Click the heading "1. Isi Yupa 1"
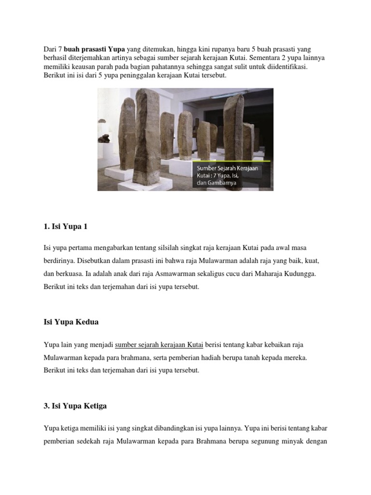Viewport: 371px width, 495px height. [66, 226]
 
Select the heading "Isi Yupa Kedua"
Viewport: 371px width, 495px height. [71, 321]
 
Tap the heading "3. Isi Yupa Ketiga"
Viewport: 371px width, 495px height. [75, 406]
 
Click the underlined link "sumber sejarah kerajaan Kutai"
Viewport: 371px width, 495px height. [159, 345]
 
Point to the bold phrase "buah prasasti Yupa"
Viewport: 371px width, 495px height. [95, 49]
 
